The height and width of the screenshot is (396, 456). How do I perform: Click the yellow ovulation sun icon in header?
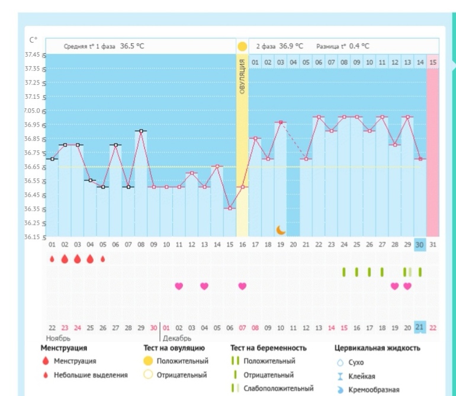[242, 46]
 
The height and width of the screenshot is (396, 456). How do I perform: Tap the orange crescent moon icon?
[281, 229]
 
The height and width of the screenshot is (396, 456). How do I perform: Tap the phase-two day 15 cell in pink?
[433, 62]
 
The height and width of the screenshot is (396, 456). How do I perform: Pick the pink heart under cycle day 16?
[242, 286]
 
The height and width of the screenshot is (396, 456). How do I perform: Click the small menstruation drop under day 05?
[102, 259]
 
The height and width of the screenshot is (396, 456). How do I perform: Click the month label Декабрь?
[177, 339]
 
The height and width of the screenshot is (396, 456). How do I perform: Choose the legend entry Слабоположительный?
[281, 388]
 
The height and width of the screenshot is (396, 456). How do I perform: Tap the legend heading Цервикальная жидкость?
[377, 348]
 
